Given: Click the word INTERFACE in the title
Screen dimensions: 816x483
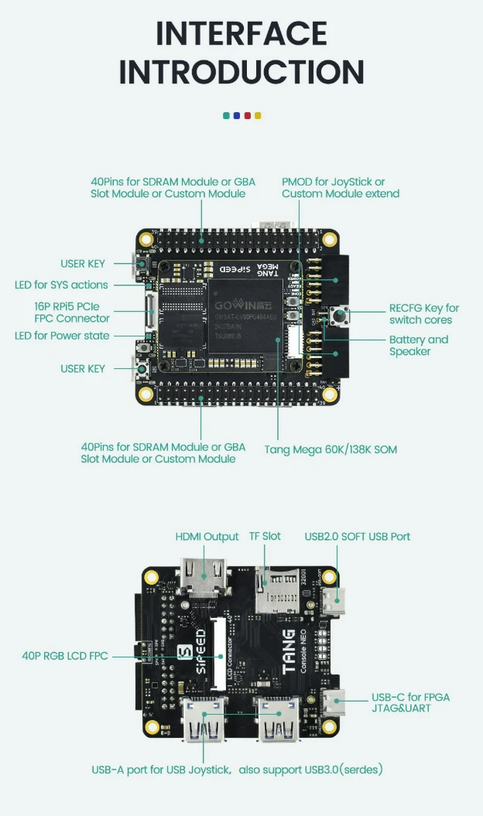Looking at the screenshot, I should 241,34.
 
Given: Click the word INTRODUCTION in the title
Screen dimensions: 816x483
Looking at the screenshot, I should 241,72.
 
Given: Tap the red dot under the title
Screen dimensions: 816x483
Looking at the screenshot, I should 248,115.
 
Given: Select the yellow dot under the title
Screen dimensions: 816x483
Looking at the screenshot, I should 258,115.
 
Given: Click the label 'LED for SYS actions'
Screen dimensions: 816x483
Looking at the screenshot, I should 61,285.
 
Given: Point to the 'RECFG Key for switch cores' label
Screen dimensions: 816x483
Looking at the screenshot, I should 423,314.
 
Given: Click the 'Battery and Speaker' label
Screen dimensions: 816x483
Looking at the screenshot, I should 418,346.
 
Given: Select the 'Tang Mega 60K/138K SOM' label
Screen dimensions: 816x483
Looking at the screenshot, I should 331,449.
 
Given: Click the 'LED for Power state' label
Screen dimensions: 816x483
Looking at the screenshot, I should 62,336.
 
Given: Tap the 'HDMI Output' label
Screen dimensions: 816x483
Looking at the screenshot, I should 207,537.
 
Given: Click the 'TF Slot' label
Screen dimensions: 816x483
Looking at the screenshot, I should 265,537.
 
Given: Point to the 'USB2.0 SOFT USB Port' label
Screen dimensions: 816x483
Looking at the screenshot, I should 357,537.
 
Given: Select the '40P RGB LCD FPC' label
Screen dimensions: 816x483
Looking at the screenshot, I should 65,656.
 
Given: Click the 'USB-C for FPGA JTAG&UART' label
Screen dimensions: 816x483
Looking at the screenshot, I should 410,702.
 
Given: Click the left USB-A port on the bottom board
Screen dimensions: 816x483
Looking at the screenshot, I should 204,719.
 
